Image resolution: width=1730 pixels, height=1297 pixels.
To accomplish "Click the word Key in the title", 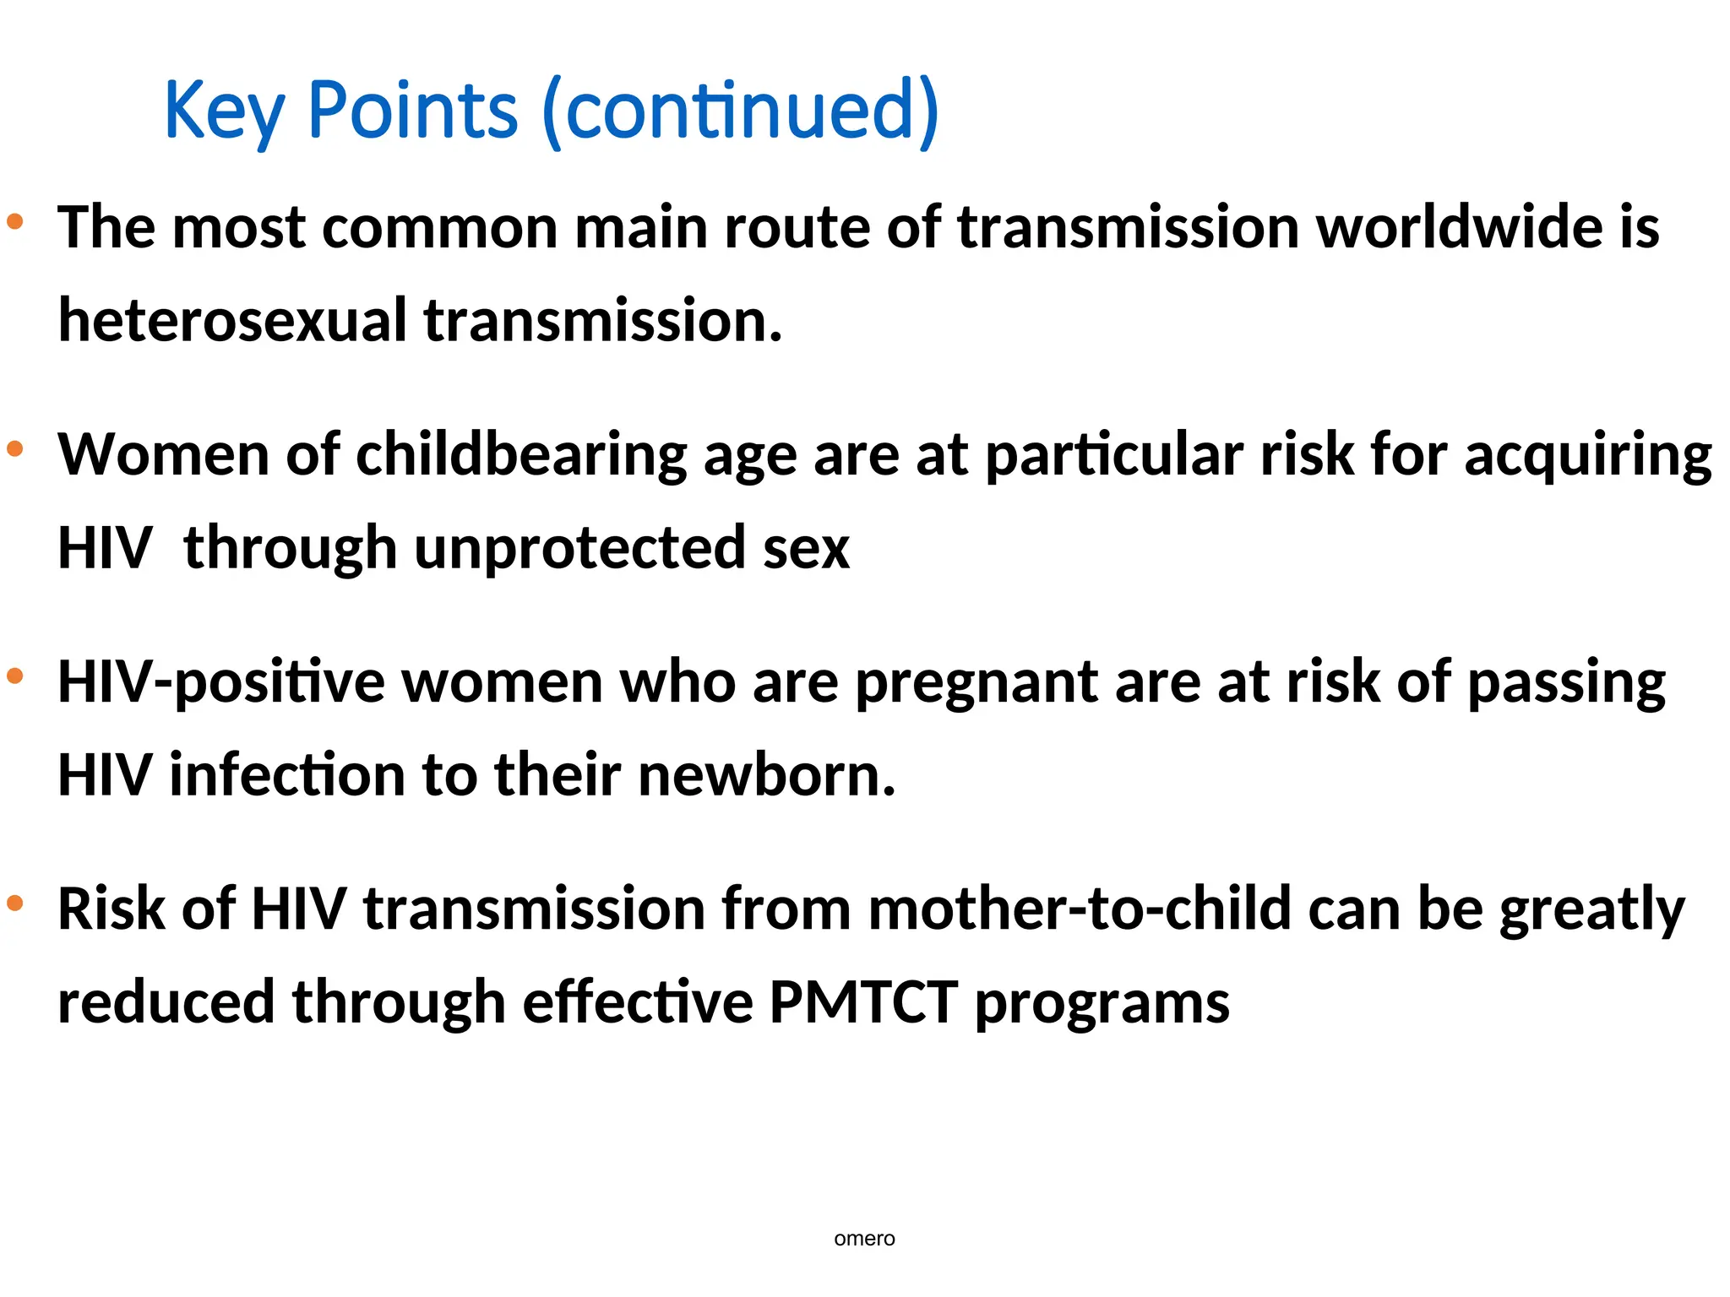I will click(224, 111).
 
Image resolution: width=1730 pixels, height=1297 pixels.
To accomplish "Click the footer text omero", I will click(864, 1239).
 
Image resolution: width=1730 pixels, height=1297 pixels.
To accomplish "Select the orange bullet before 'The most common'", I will click(15, 222).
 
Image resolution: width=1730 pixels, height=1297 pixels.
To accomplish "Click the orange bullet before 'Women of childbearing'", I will click(15, 449).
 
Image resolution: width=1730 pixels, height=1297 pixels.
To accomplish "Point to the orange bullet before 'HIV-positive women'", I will click(15, 676).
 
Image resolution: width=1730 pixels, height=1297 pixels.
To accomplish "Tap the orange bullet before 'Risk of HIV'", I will click(15, 904).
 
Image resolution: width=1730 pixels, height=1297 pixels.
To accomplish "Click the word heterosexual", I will click(232, 321).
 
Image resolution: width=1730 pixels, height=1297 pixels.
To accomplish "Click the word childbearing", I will click(521, 456).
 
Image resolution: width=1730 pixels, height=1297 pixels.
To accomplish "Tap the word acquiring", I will click(1588, 456).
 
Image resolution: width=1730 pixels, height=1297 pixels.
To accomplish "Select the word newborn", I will click(766, 775).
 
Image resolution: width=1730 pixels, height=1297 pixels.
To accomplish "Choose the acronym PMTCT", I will click(863, 1003).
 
